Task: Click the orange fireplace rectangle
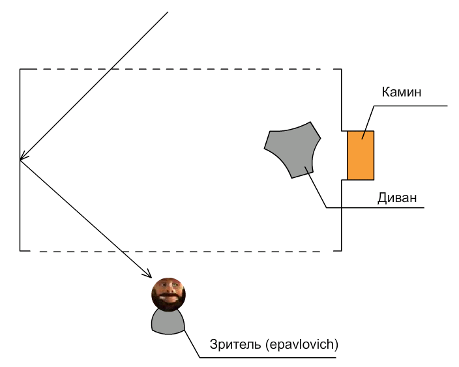click(360, 155)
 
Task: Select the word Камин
click(402, 92)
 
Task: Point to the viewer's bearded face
click(169, 293)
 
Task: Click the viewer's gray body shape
click(168, 321)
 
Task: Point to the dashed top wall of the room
click(176, 69)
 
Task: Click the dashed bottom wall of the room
click(176, 251)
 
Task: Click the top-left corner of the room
click(20, 69)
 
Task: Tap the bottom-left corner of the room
click(20, 251)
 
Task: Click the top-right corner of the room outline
click(342, 69)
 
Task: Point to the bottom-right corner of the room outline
click(342, 251)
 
